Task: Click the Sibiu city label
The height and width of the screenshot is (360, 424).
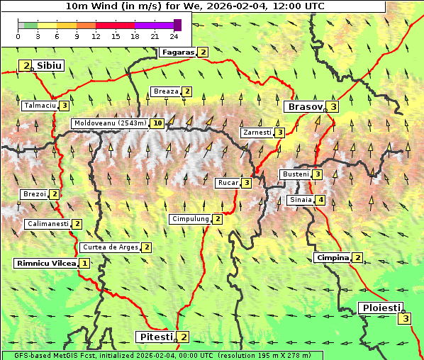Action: click(x=50, y=66)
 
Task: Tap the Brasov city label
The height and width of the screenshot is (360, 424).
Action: click(x=303, y=107)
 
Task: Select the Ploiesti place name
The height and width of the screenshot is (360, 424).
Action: click(x=381, y=308)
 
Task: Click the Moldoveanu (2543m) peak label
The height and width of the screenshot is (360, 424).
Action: click(x=110, y=123)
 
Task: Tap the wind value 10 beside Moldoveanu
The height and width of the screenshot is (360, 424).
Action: click(x=157, y=123)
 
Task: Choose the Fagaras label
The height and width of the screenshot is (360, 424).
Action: click(x=178, y=52)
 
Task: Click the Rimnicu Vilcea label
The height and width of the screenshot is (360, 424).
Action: click(x=45, y=263)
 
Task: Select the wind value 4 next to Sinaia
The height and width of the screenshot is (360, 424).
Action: click(x=320, y=200)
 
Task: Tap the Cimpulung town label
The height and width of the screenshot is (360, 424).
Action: click(x=190, y=219)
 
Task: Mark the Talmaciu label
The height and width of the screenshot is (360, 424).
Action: click(x=39, y=106)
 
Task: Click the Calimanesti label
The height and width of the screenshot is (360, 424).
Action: click(x=48, y=224)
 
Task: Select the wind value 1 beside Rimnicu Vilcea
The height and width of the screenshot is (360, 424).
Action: click(x=84, y=263)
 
